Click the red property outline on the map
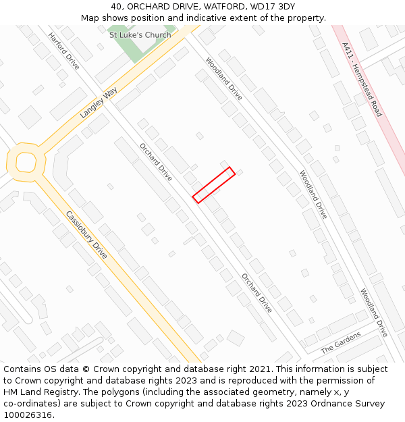coord(214,184)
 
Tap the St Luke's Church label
coord(140,35)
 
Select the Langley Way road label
coord(98,99)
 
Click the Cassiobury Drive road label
coord(86,235)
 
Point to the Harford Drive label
coord(64,51)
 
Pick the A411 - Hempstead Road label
coord(362,80)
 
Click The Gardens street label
coord(340,342)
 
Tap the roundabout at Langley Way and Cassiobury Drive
coord(26,162)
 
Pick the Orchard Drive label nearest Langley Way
coord(156,162)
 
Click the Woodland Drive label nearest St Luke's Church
coord(223,79)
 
